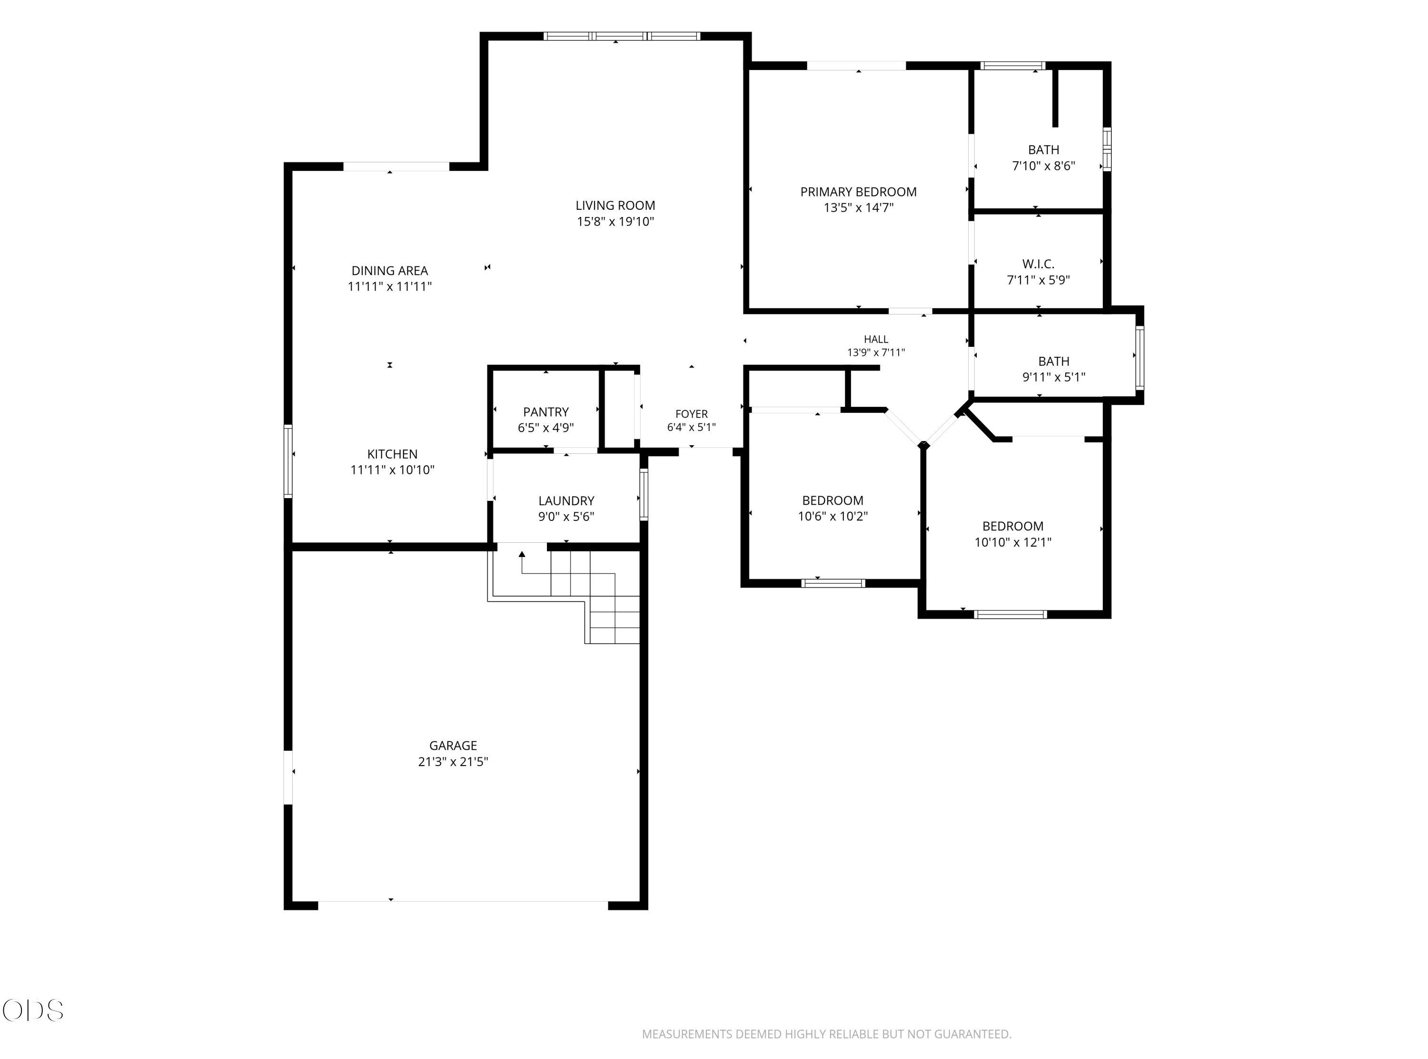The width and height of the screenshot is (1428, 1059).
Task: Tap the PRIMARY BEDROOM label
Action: [858, 192]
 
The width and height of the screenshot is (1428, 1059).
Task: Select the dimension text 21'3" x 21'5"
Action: [453, 762]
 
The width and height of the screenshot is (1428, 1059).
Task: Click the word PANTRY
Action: [545, 412]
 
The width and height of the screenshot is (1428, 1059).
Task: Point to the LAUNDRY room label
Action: [566, 500]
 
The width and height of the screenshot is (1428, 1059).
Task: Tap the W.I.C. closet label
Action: [1038, 264]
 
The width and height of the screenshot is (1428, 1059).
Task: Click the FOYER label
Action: [691, 414]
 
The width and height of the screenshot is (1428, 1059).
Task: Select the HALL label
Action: [876, 339]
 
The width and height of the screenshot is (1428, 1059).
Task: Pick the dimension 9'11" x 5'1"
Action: [1053, 377]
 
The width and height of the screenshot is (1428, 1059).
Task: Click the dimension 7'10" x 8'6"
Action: [1043, 166]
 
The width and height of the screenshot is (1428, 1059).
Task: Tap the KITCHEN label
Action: [392, 454]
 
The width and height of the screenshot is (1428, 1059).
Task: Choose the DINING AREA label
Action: [389, 271]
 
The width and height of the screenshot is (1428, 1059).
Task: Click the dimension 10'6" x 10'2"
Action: [833, 516]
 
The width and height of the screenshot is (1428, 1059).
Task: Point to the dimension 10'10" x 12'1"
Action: [1012, 542]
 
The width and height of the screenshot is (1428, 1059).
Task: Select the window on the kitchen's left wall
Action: [288, 461]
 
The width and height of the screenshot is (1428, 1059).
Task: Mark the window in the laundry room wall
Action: [644, 494]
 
